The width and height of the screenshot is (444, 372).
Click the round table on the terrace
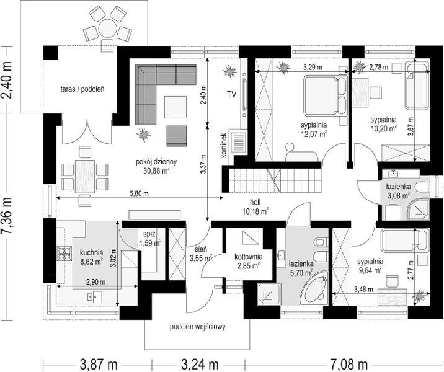click(x=108, y=29)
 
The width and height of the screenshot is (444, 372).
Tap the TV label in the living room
click(x=231, y=95)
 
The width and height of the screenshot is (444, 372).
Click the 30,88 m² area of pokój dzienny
click(x=157, y=170)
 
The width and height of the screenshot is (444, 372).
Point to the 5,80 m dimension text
click(x=139, y=193)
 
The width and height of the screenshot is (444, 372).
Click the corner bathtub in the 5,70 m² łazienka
click(x=314, y=288)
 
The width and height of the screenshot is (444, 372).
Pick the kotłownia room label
click(x=248, y=257)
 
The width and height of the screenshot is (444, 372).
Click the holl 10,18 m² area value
click(x=255, y=211)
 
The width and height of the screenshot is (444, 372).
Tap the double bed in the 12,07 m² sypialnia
click(x=326, y=95)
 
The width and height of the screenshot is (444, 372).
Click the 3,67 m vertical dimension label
click(x=411, y=126)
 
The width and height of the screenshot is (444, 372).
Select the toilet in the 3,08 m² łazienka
click(x=422, y=187)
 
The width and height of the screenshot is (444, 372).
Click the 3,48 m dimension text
click(x=363, y=290)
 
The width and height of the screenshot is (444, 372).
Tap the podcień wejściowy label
click(x=198, y=327)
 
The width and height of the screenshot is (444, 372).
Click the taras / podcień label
click(x=82, y=89)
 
